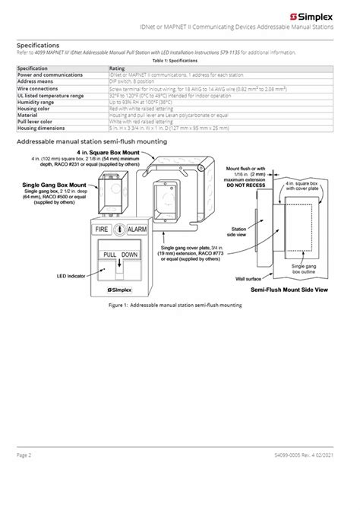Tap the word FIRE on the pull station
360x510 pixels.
click(x=102, y=228)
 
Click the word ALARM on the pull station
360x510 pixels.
click(x=137, y=228)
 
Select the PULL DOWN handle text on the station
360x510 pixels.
click(x=120, y=255)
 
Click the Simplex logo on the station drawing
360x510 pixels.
click(x=120, y=290)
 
